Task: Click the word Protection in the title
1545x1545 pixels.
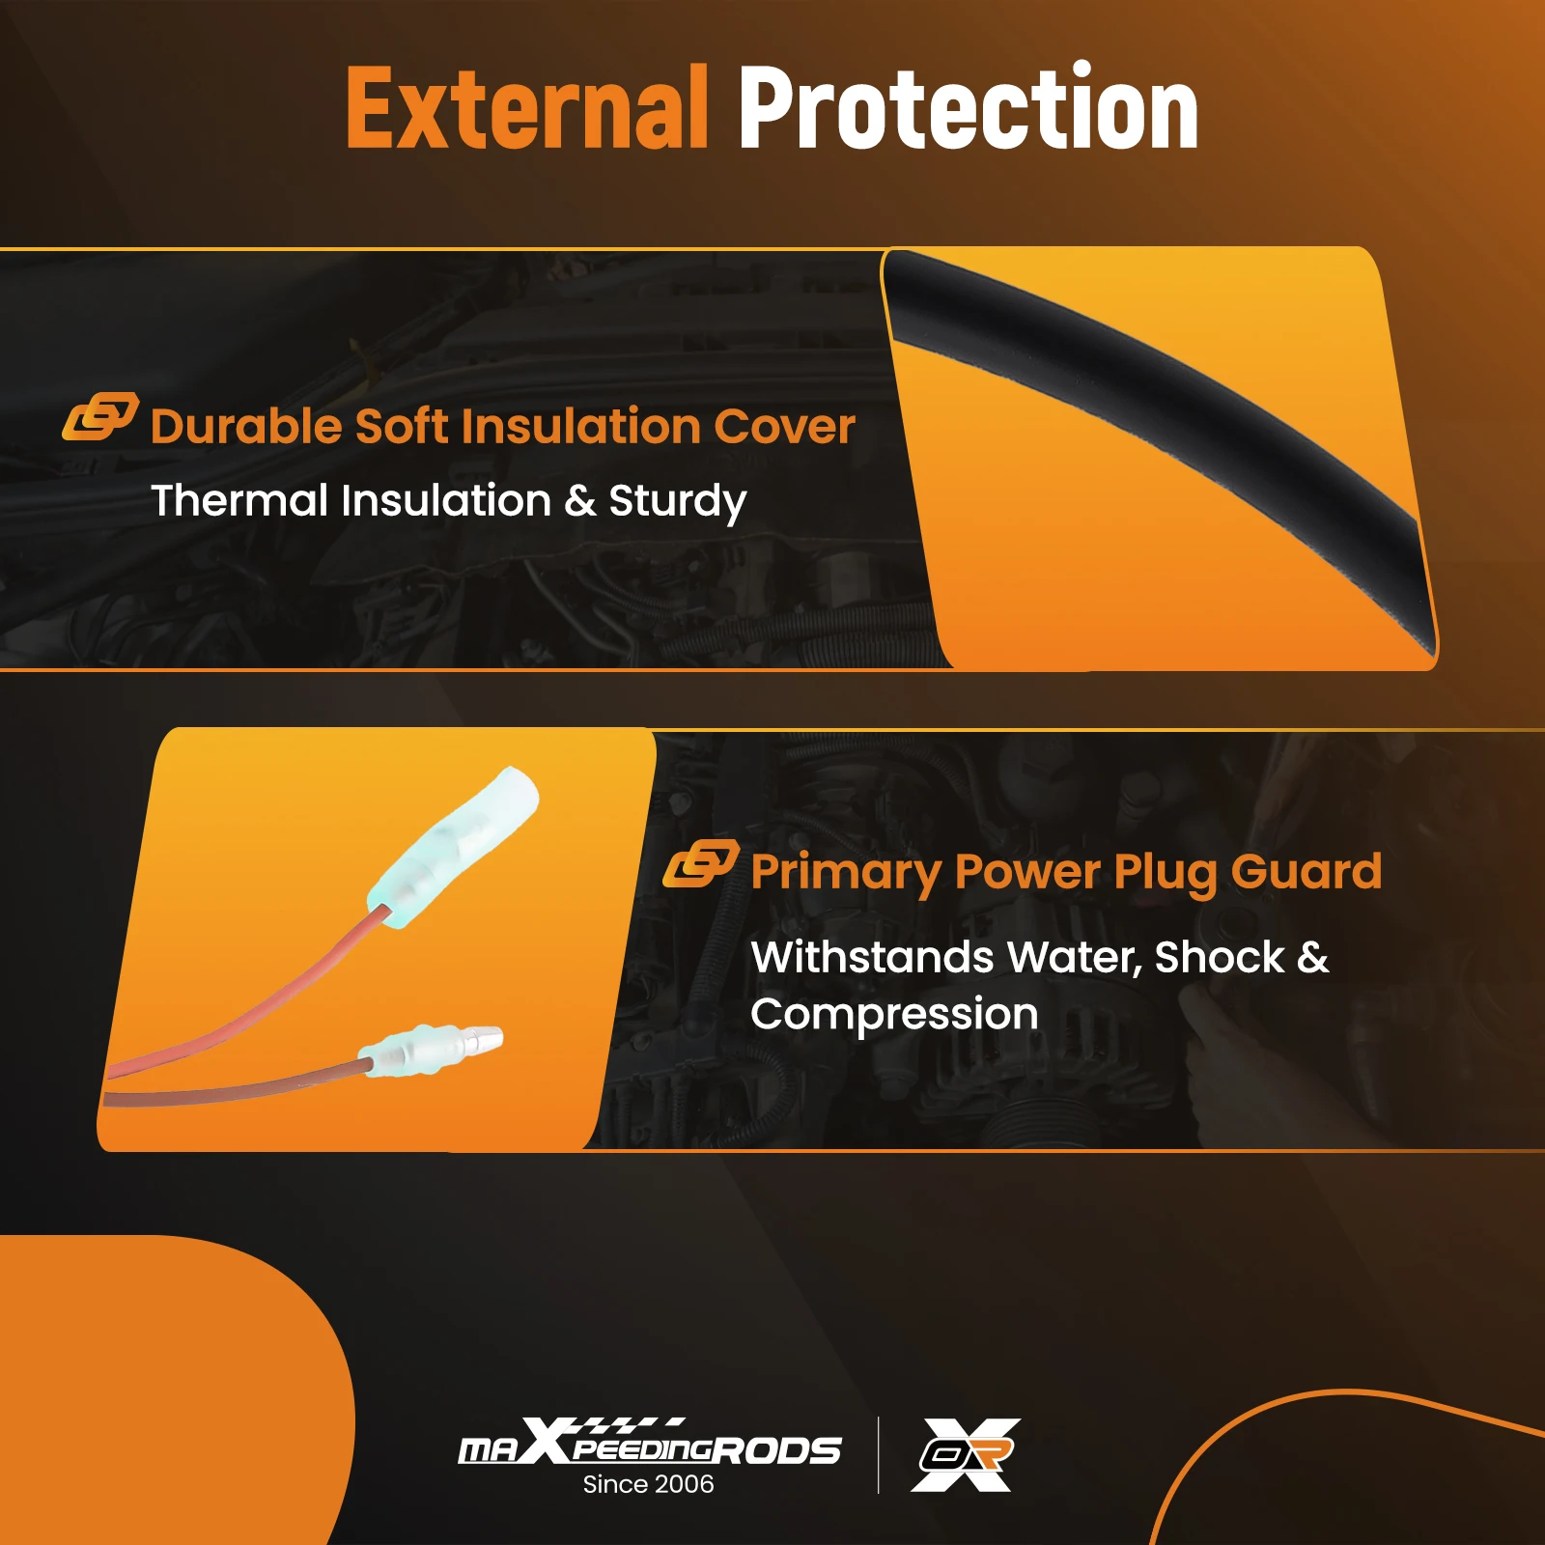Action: (x=969, y=107)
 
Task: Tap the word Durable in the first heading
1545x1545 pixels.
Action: (x=246, y=426)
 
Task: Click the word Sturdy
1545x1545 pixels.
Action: (x=678, y=502)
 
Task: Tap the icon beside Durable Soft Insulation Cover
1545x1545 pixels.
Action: (x=100, y=416)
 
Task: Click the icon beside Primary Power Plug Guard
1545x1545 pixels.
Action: (x=701, y=863)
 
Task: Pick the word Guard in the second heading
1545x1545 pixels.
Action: (x=1306, y=871)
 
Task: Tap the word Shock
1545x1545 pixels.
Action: (x=1220, y=957)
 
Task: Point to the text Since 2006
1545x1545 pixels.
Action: (x=649, y=1484)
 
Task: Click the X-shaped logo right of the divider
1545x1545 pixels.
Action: (x=966, y=1454)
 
